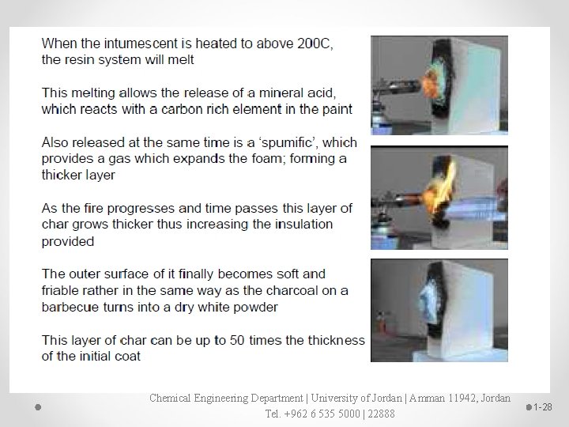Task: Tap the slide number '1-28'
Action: click(543, 406)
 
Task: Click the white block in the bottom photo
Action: click(466, 308)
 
